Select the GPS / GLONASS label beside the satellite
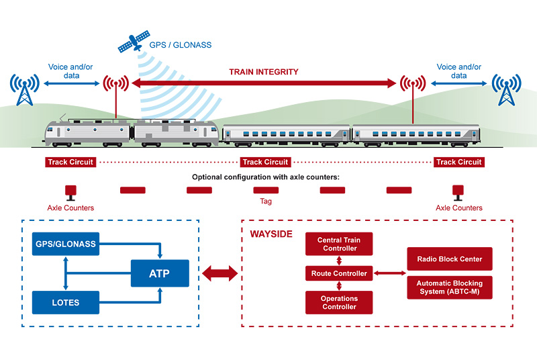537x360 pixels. click(x=180, y=46)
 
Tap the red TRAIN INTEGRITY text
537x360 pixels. click(x=264, y=71)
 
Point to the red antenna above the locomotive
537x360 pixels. click(x=116, y=86)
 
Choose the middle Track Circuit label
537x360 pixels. click(x=265, y=162)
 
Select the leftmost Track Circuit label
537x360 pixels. click(x=70, y=162)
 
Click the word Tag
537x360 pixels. click(x=265, y=201)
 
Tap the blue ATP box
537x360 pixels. click(x=160, y=273)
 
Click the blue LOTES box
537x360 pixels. click(x=66, y=302)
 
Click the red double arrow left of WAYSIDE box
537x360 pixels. click(x=220, y=273)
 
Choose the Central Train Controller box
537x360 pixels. click(x=339, y=244)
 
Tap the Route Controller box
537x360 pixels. click(x=339, y=273)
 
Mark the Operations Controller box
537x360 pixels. click(x=339, y=302)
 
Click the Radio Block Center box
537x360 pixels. click(x=449, y=259)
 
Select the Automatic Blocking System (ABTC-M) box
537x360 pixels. click(x=449, y=287)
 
